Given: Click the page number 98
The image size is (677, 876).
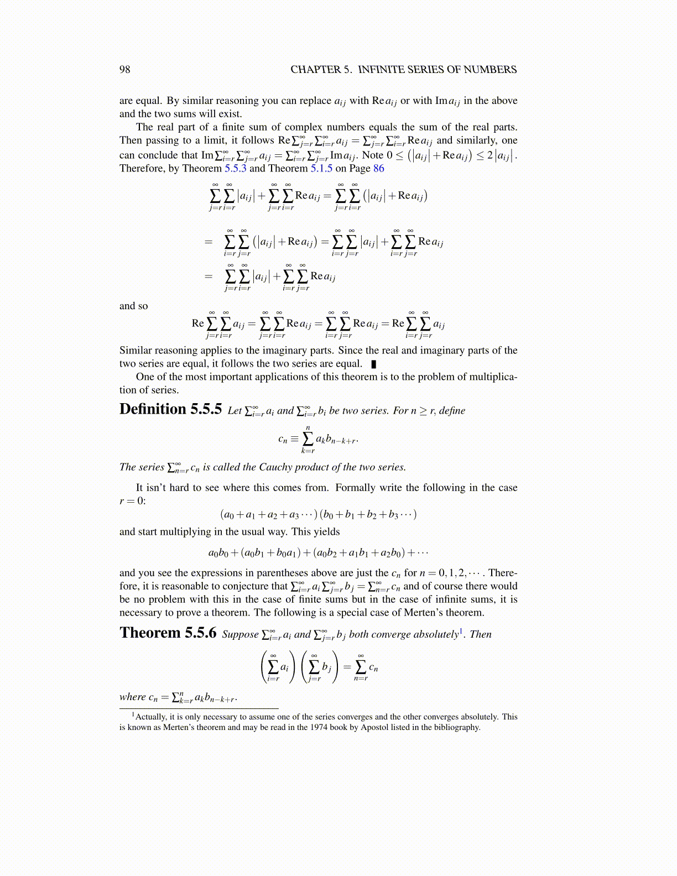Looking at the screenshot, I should [x=125, y=69].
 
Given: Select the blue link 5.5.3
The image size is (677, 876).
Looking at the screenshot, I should [x=235, y=168].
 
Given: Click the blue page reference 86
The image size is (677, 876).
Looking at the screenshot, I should [x=378, y=168].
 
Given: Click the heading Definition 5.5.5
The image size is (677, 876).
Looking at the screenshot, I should [x=170, y=409].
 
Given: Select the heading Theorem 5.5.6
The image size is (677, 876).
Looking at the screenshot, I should [x=168, y=633].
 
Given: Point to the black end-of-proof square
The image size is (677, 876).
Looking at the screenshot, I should [x=374, y=364].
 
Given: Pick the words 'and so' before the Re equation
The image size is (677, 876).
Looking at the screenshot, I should [x=133, y=306].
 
